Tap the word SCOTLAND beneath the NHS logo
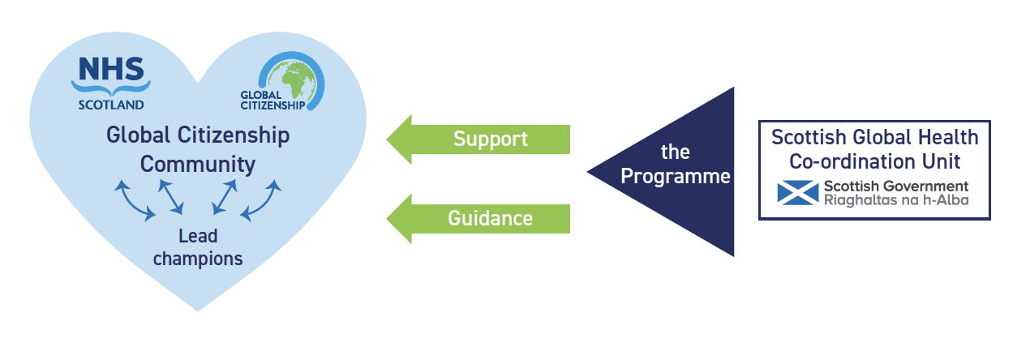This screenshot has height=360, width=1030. click(x=111, y=105)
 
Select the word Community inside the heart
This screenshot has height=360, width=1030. click(x=197, y=164)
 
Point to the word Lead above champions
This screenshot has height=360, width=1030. click(x=198, y=236)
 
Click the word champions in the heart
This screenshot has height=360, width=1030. click(x=198, y=259)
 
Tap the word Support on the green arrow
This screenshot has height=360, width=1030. click(x=490, y=139)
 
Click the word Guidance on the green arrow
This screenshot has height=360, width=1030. click(x=490, y=218)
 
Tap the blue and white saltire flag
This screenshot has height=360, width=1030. click(x=797, y=192)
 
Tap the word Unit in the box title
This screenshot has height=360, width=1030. click(x=942, y=161)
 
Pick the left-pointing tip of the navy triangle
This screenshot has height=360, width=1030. click(x=590, y=172)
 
